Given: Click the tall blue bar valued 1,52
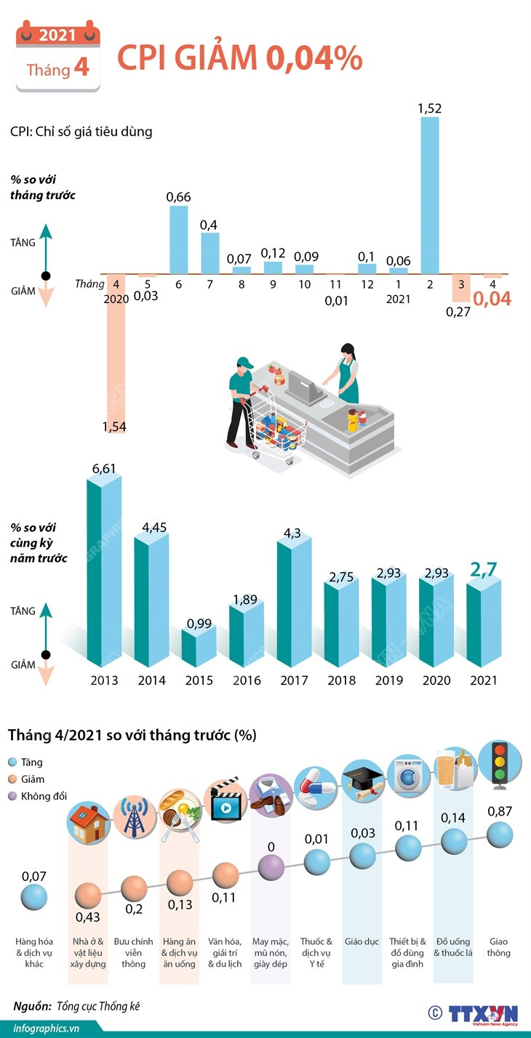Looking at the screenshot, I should (430, 195).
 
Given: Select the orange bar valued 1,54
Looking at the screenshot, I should (116, 346).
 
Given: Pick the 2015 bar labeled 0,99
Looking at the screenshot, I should (199, 647).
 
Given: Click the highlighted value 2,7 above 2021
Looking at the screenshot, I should (483, 570).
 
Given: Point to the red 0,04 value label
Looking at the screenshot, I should (492, 299).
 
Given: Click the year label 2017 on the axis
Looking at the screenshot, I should (295, 680).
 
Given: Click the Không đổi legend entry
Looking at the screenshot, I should (38, 795).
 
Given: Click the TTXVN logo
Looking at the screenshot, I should (482, 1015).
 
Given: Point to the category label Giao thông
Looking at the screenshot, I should (499, 947).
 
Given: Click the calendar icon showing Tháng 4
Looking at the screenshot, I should (58, 58).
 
